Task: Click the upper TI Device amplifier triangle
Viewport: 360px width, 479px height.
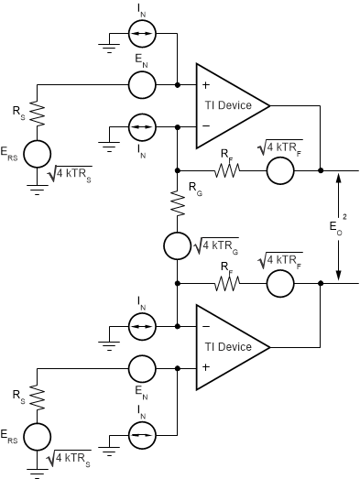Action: click(x=227, y=105)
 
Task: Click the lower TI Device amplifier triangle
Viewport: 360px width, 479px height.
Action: click(x=227, y=347)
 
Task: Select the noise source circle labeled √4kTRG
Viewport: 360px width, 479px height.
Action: click(x=176, y=245)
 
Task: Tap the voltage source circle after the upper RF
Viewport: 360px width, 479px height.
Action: click(x=279, y=170)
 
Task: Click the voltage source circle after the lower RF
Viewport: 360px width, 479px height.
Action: click(x=279, y=285)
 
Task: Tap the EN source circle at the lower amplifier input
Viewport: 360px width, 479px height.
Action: click(x=141, y=369)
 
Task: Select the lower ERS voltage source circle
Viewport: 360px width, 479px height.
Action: click(x=37, y=435)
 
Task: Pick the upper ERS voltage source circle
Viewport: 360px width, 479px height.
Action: click(x=37, y=153)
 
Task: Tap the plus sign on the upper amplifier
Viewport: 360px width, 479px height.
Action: click(x=204, y=85)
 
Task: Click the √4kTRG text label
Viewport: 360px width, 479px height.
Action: click(x=215, y=245)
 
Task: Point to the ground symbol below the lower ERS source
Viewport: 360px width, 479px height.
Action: click(x=37, y=472)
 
